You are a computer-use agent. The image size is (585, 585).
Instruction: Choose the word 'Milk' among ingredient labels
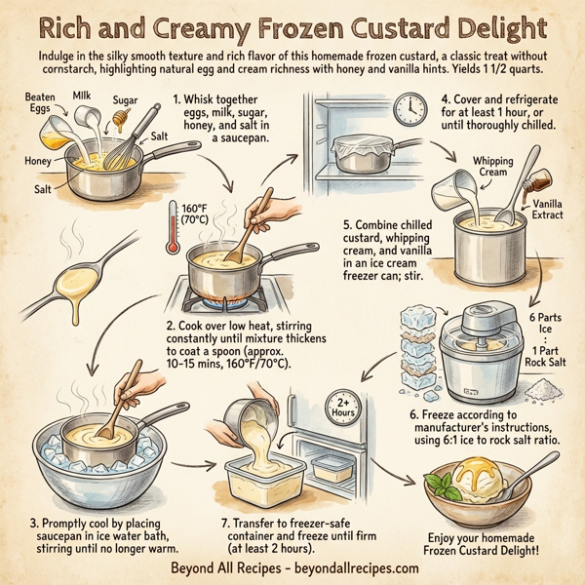[x=84, y=97]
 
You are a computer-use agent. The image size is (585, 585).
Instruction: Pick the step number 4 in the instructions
[x=445, y=99]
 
